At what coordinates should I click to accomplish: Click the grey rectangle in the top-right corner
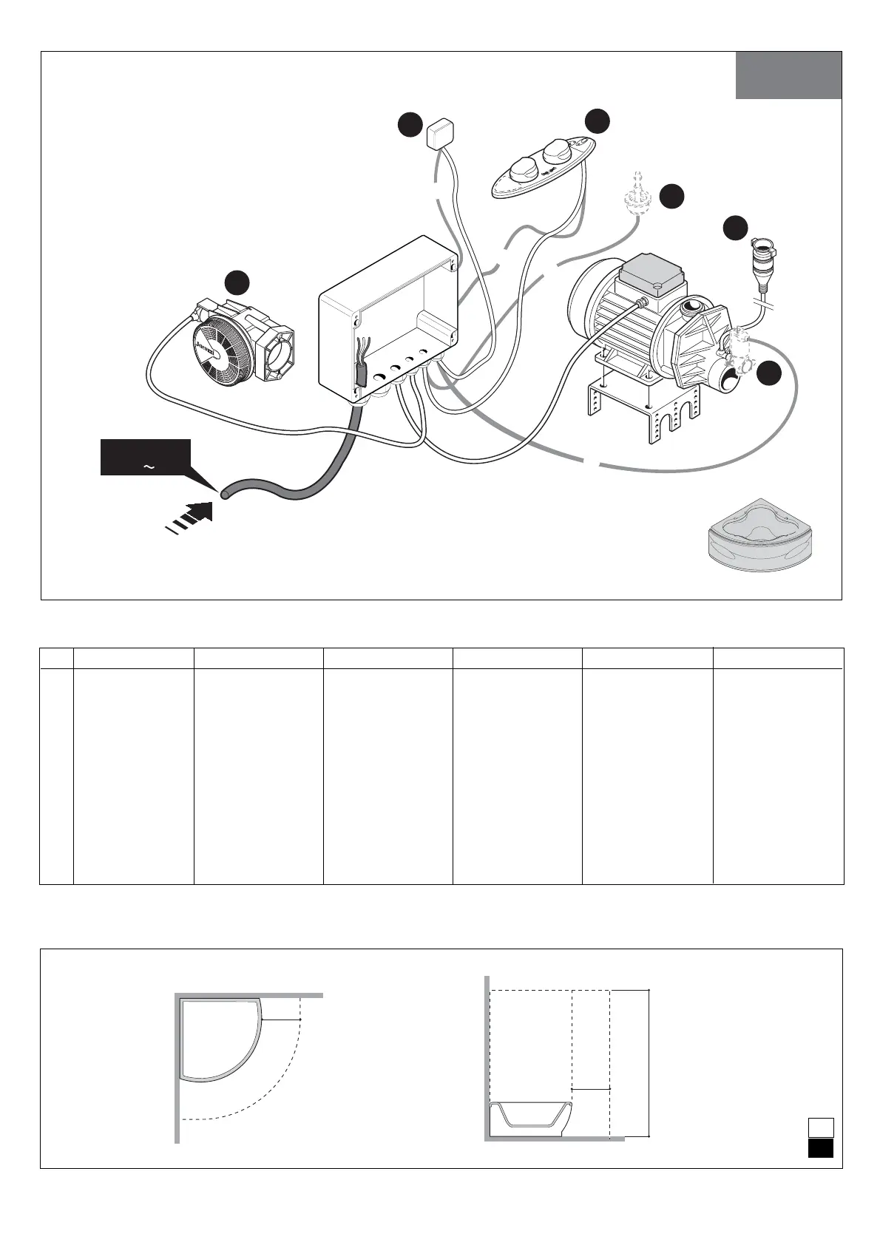point(788,75)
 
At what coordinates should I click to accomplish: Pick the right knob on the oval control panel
point(555,153)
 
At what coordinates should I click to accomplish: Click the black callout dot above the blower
point(237,283)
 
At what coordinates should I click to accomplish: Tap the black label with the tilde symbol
point(146,458)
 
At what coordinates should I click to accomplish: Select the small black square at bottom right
point(820,1148)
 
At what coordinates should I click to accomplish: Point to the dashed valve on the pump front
point(737,348)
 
